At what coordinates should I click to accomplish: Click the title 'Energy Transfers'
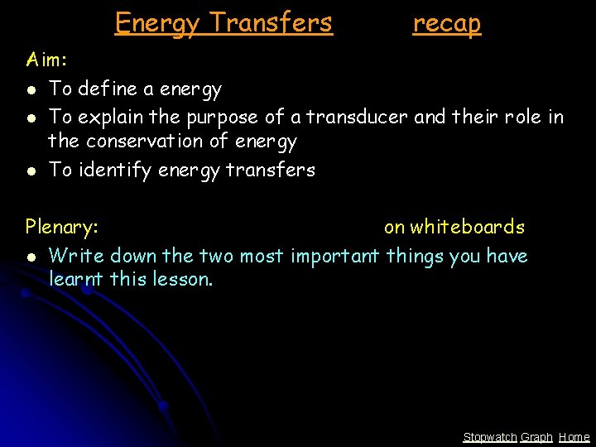(x=223, y=22)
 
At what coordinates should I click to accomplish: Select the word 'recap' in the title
(x=446, y=23)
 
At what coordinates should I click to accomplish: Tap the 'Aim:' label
(x=47, y=60)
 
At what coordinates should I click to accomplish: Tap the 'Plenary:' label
(x=62, y=227)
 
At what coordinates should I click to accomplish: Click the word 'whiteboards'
(x=468, y=227)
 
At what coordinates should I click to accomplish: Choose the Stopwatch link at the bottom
(x=489, y=437)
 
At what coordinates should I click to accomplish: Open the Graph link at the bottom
(x=536, y=437)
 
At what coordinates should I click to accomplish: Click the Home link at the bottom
(x=574, y=437)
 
